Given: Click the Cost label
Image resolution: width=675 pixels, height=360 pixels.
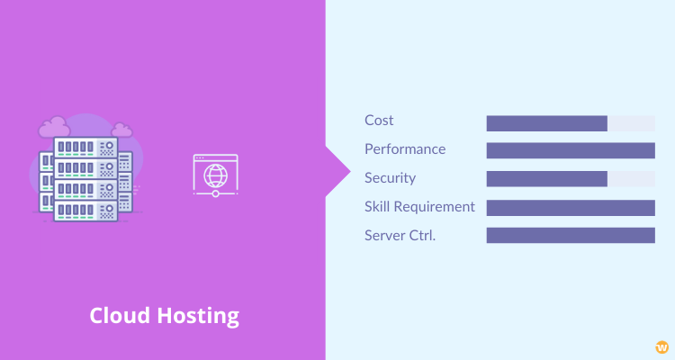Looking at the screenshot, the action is pos(379,120).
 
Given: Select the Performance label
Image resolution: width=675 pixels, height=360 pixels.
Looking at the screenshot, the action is pos(405,149).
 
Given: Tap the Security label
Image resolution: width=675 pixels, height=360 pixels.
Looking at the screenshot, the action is pos(390,178).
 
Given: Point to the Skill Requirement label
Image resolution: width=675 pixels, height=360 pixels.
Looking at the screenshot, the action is pos(419,207).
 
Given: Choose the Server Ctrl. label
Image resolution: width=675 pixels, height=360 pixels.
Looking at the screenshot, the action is pos(400,236).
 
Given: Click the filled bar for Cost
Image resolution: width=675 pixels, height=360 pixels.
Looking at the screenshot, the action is pos(546,123).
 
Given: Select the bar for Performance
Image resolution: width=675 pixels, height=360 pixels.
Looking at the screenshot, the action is pos(571,150).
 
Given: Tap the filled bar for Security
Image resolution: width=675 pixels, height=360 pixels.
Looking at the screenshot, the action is pos(546,179).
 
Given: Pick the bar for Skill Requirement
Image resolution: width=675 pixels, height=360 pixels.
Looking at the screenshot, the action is pos(571,208).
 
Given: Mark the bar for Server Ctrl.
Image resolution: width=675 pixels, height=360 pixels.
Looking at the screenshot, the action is pos(571,236).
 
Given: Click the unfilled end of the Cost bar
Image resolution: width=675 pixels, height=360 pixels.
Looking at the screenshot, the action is pos(631,123).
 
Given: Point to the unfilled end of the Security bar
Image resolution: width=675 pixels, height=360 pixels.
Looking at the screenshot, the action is pos(631,179).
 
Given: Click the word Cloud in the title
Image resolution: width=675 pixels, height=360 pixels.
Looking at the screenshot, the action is pos(119,316).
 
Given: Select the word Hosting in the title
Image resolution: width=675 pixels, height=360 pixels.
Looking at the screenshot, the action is pos(198,317).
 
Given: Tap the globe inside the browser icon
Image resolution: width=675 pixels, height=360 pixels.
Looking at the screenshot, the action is pos(216,175).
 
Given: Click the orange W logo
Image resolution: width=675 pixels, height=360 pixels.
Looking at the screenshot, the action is pos(662,347).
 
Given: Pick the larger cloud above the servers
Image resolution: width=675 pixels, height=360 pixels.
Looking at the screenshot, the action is pos(54,127).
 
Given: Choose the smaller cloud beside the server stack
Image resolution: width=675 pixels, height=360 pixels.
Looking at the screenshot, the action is pos(121,130).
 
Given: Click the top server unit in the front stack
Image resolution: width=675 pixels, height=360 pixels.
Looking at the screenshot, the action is pos(85,148).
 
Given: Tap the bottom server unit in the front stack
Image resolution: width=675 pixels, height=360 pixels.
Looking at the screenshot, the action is pos(85,211).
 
